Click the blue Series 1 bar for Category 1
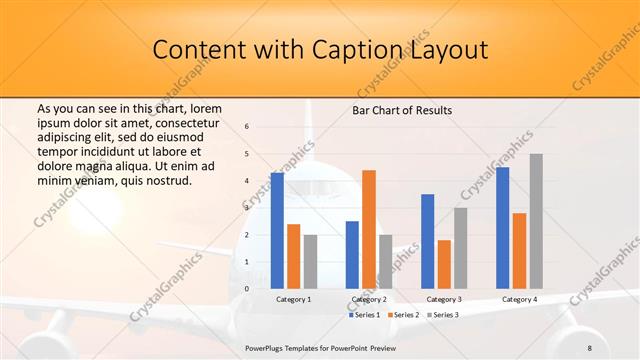coord(277,231)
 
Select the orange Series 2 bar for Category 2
coord(369,229)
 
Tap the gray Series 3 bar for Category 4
coord(536,221)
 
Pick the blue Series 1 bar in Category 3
coord(428,241)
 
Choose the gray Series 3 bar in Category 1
coord(310,262)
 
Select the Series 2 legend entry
coord(402,315)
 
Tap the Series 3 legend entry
coord(442,315)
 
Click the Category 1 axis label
coord(294,299)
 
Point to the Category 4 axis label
coord(519,299)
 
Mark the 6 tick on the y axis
coord(247,127)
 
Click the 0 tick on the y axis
coord(247,289)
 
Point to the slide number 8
coord(589,346)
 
